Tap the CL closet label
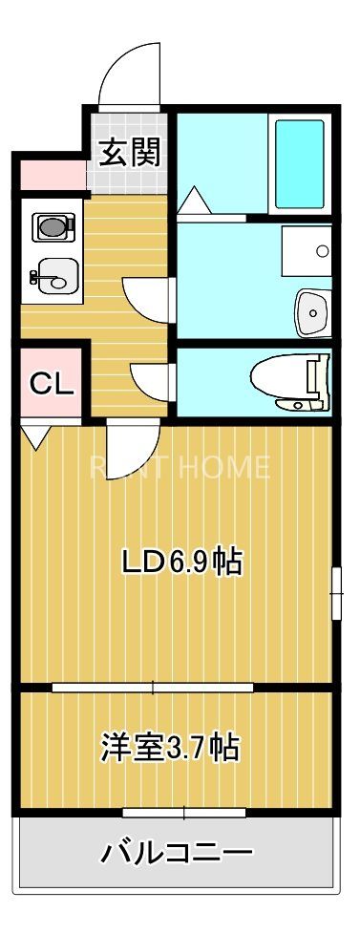coord(51,383)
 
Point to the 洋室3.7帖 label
coord(169,747)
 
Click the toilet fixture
coord(292,383)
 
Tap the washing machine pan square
coord(307,251)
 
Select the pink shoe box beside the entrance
coord(50,175)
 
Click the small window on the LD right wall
coord(335,594)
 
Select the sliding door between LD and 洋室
coord(153,686)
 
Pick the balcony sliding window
coord(184,813)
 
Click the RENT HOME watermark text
coord(180,468)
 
